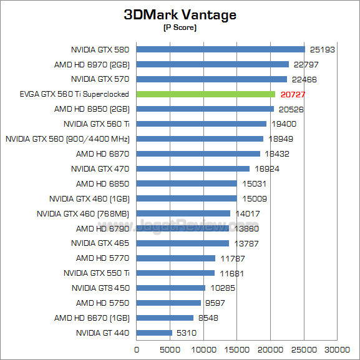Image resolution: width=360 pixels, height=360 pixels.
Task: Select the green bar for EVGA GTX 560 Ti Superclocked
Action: click(205, 94)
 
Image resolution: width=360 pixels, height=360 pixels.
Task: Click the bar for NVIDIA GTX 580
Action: click(220, 49)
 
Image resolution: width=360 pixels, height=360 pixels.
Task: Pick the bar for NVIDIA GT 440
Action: click(154, 333)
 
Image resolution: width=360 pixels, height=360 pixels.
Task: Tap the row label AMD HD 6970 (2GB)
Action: click(92, 64)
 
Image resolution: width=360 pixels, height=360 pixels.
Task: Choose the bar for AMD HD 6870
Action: click(198, 153)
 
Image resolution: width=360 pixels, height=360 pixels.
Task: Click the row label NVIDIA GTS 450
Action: click(100, 288)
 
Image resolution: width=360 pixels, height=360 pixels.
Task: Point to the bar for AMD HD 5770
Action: click(175, 258)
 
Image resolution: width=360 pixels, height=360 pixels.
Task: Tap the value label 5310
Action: click(187, 333)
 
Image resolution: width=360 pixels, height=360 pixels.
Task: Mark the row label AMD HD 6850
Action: click(102, 183)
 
